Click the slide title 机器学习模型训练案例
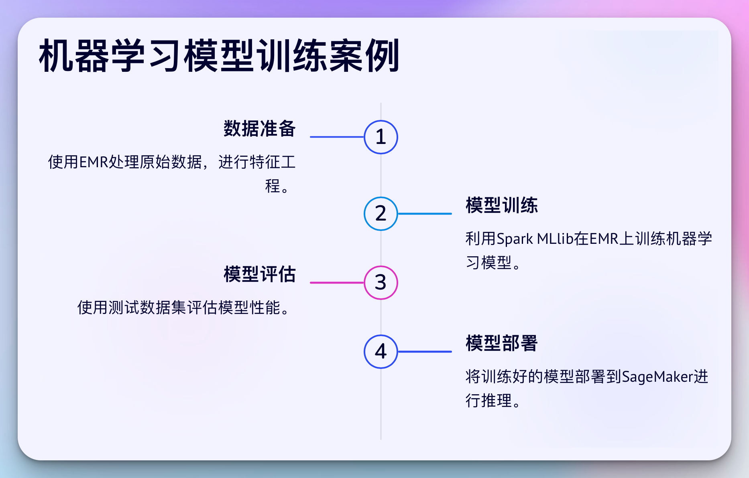coord(219,56)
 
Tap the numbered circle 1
coord(381,137)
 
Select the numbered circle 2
coord(381,214)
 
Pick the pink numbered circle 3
coord(381,283)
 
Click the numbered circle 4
coord(381,352)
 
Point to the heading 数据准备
coord(259,129)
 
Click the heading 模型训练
coord(501,205)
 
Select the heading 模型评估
coord(259,274)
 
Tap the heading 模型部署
coord(501,343)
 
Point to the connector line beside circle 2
coord(425,214)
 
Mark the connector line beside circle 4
coord(425,352)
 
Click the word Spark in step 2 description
coord(515,239)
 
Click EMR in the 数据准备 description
coord(94,162)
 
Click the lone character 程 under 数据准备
coord(273,186)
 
